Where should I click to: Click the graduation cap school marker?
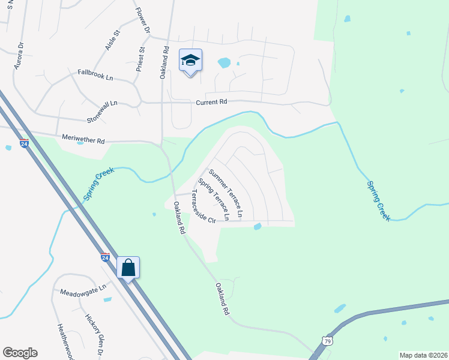190,61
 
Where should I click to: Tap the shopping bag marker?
128,268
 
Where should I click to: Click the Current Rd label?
212,103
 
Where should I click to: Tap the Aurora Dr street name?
19,55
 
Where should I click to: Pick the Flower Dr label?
142,19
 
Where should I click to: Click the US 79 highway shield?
326,341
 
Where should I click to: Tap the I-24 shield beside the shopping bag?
105,257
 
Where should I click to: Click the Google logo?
20,353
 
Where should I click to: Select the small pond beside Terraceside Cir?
258,226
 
